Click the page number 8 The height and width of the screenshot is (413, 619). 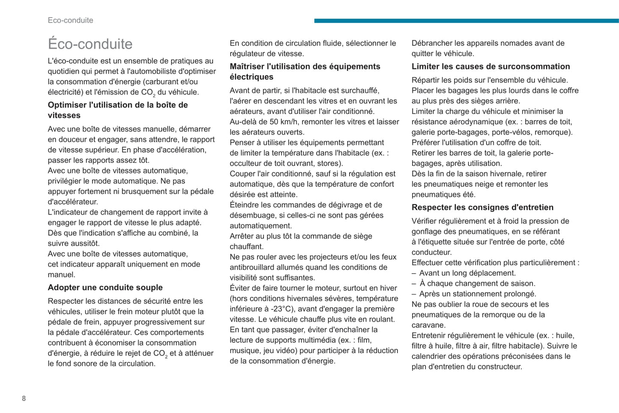pyautogui.click(x=24, y=398)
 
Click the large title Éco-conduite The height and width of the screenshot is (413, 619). pyautogui.click(x=90, y=44)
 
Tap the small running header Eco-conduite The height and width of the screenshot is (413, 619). pyautogui.click(x=70, y=20)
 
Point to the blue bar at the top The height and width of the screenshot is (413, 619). pyautogui.click(x=466, y=21)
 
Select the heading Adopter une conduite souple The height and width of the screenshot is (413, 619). pyautogui.click(x=105, y=287)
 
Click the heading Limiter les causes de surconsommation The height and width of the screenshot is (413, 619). pyautogui.click(x=490, y=66)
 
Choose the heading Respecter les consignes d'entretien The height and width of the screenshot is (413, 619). pyautogui.click(x=482, y=207)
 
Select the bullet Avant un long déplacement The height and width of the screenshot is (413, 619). pyautogui.click(x=467, y=273)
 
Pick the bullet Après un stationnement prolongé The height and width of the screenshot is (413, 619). pyautogui.click(x=478, y=294)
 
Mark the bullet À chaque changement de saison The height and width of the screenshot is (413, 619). pyautogui.click(x=477, y=284)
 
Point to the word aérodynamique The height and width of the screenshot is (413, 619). pyautogui.click(x=472, y=122)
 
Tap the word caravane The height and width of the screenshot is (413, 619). pyautogui.click(x=428, y=325)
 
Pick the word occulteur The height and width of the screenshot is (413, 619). pyautogui.click(x=245, y=163)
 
